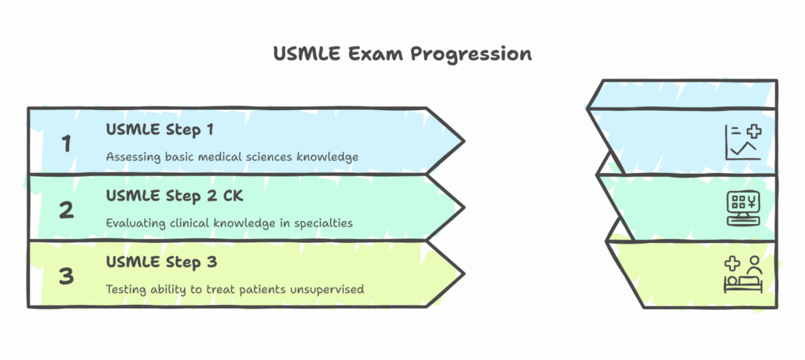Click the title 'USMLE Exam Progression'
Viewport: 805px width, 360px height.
(x=402, y=53)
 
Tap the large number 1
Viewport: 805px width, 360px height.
(x=67, y=144)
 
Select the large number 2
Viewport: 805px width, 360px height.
(x=67, y=210)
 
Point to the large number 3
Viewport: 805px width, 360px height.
(x=67, y=276)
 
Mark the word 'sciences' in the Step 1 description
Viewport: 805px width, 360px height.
(x=263, y=156)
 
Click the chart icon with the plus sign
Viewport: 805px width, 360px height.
(x=742, y=142)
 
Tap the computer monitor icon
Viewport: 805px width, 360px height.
(x=743, y=208)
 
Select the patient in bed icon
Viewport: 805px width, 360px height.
(x=743, y=274)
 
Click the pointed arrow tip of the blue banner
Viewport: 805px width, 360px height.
(x=460, y=141)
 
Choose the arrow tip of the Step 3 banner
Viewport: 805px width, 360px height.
(x=460, y=274)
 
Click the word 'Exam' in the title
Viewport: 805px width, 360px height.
(x=365, y=53)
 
